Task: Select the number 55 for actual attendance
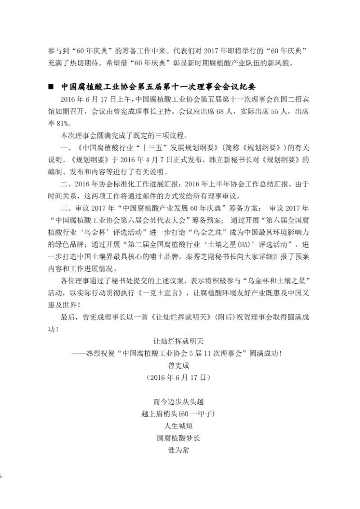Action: [260, 111]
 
